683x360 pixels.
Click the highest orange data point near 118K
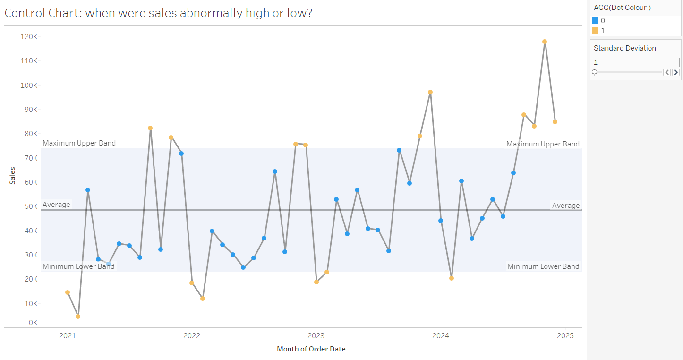[545, 42]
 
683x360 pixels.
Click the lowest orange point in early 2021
[78, 317]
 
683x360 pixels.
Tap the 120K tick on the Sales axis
[29, 37]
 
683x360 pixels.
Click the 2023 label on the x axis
[316, 336]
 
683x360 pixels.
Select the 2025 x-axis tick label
[565, 336]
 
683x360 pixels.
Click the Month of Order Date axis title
[311, 349]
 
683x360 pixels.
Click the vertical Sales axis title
[13, 176]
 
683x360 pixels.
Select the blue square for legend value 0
[595, 20]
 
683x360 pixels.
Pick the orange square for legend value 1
[595, 30]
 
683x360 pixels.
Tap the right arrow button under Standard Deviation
[676, 72]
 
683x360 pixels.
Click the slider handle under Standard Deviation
[595, 72]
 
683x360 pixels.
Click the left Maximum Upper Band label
[79, 143]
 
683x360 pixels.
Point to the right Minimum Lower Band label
[543, 266]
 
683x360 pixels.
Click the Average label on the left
[56, 205]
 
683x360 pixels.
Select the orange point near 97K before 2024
[430, 92]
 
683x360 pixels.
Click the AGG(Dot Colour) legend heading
[622, 7]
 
